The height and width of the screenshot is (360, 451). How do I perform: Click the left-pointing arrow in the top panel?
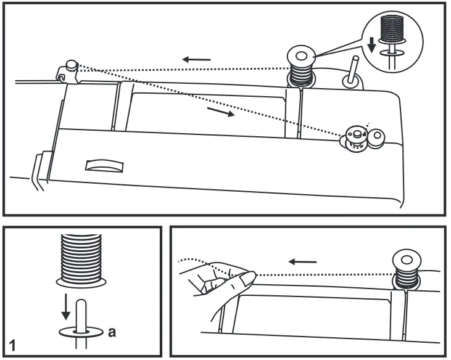196,59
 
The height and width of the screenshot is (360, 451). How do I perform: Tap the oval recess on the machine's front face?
105,165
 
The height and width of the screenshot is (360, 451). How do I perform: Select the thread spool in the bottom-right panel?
407,269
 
